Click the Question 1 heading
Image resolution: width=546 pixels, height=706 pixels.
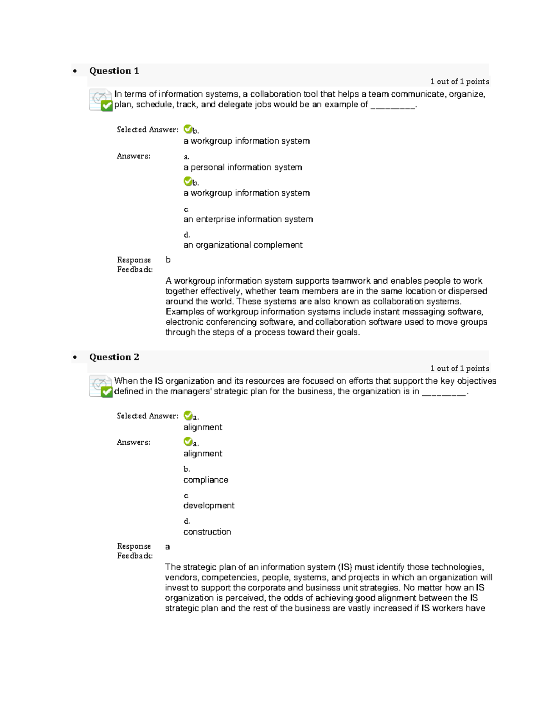pos(114,71)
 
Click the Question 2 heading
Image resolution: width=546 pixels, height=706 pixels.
pos(114,357)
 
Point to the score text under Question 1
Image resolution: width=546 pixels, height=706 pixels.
pos(460,82)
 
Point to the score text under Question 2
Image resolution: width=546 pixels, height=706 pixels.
pos(460,369)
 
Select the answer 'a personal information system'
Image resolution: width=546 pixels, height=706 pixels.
pos(243,167)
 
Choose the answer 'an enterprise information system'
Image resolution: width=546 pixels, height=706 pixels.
pos(248,219)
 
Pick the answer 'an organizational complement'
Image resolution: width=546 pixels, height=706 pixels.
pos(243,245)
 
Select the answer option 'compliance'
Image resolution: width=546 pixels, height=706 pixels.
pos(206,480)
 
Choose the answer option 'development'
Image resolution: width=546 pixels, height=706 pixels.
pos(209,506)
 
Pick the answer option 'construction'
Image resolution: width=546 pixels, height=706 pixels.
pos(207,532)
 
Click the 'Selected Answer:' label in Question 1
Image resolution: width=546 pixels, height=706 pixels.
pos(147,130)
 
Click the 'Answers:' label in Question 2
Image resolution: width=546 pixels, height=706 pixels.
pos(133,442)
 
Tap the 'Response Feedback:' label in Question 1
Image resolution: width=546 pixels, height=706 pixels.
pos(134,265)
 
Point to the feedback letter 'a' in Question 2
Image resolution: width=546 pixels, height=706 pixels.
pos(167,547)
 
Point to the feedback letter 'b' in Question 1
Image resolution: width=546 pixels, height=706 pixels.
pos(168,260)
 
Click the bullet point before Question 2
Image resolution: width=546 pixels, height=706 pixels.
pos(75,358)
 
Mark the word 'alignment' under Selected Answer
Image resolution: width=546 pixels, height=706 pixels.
pos(203,427)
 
